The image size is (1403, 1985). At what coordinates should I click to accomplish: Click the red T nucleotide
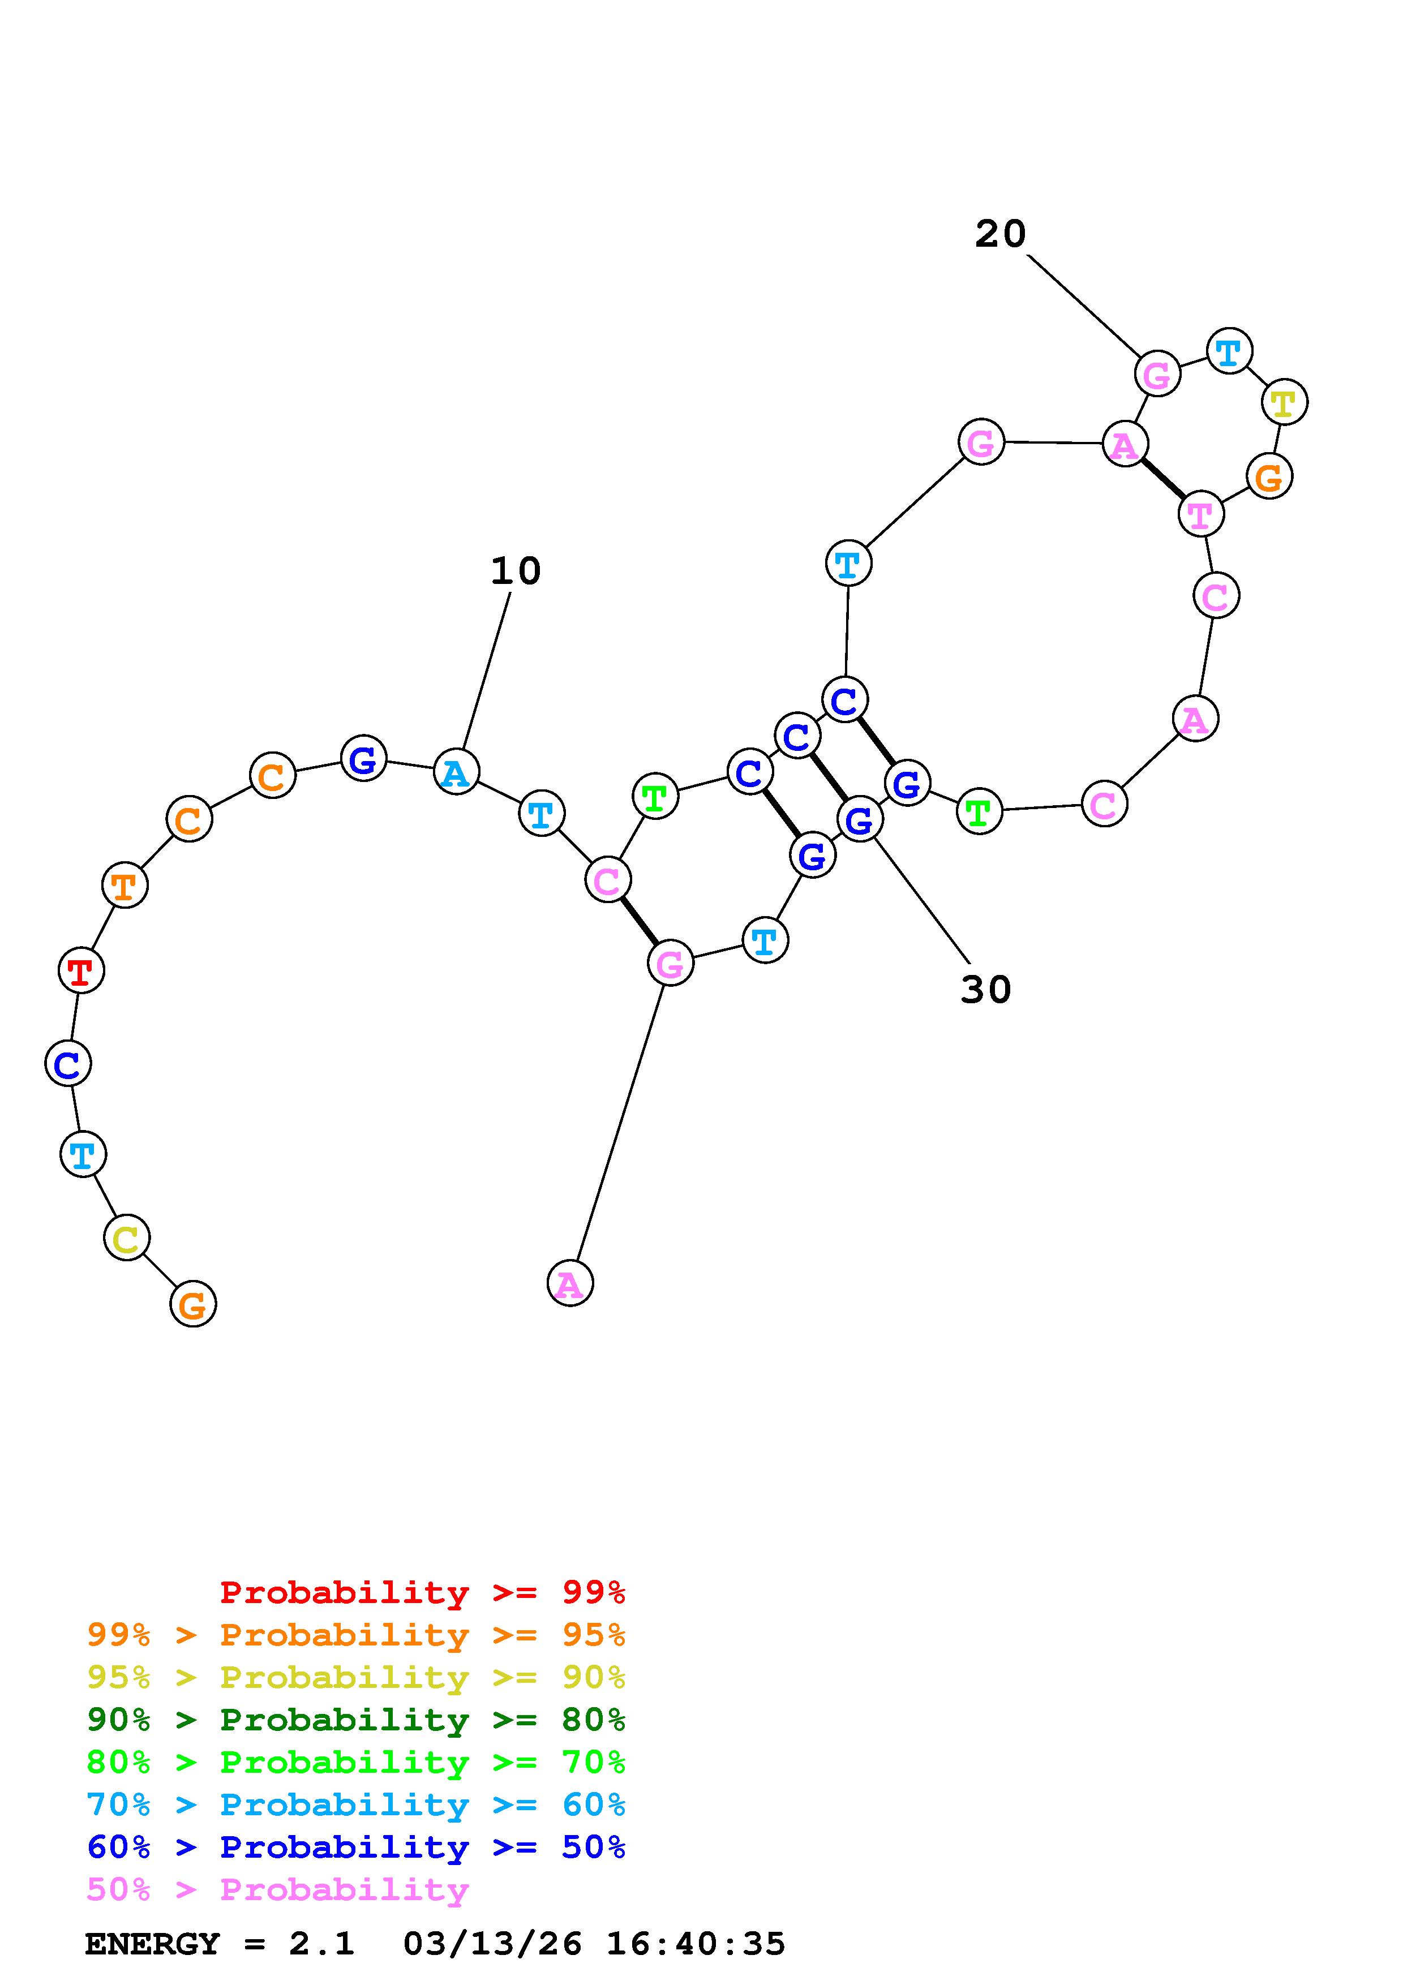81,971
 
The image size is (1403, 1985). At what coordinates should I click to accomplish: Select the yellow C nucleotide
126,1238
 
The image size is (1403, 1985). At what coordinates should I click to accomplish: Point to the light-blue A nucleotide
456,772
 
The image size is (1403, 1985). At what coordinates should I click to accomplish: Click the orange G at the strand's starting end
193,1304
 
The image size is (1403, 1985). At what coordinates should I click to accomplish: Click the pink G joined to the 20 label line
1157,373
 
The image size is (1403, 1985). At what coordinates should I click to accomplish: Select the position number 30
985,990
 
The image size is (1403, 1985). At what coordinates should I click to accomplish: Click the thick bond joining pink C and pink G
639,922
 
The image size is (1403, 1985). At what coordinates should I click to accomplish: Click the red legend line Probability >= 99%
422,1592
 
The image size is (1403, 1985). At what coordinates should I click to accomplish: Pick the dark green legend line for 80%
355,1720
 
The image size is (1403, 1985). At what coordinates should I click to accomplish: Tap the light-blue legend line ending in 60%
355,1805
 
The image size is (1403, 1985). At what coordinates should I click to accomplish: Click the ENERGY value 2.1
321,1944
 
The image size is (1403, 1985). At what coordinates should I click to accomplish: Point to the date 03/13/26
492,1944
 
